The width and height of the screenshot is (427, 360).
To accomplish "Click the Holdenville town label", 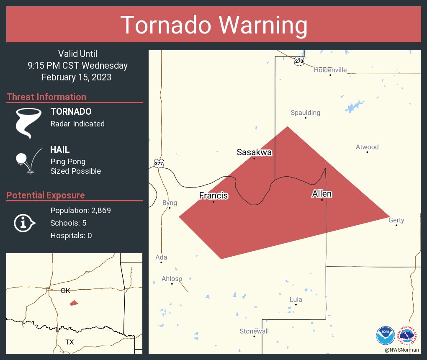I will point(330,70).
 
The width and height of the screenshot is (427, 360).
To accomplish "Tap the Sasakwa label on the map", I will point(254,152).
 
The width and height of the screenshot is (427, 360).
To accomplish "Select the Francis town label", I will point(213,195).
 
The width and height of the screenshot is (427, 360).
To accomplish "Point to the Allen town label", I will point(322,193).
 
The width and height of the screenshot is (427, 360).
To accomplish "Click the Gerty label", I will point(396,220).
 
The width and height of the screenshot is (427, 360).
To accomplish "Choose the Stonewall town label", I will point(254,331).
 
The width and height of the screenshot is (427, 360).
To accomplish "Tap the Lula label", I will point(296,299).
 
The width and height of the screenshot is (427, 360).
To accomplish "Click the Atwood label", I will point(367,147).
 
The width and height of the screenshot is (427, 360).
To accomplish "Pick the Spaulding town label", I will point(305,113).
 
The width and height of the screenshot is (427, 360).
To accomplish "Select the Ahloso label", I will point(172,279).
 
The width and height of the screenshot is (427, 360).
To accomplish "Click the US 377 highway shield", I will point(158,163).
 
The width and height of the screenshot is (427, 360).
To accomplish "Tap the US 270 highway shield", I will point(298,61).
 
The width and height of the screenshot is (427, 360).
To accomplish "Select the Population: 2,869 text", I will point(80,210).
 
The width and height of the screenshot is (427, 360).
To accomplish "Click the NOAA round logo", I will point(386,335).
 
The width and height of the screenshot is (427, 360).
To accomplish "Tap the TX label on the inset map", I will point(69,342).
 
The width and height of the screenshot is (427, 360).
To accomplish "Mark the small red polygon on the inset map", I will point(74,303).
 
